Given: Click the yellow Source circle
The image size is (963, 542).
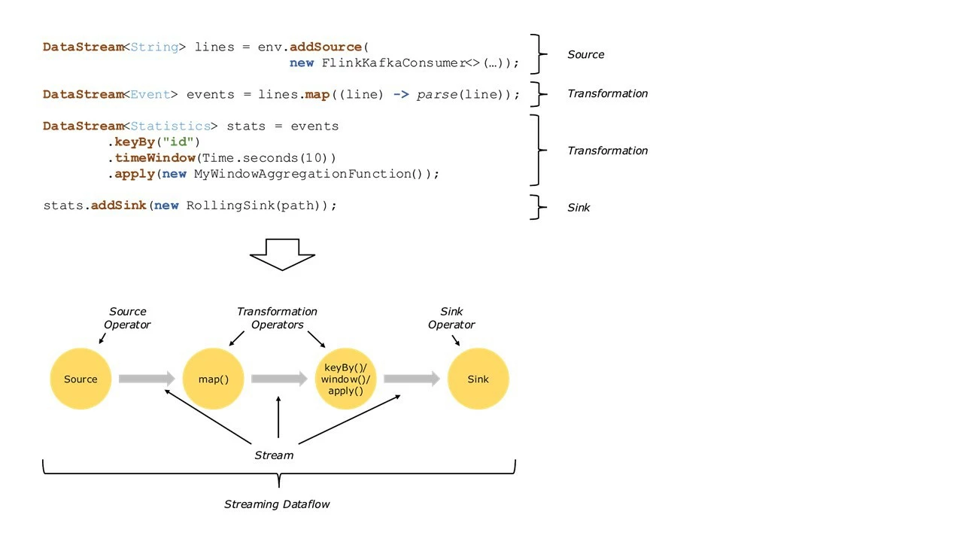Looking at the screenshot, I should tap(81, 379).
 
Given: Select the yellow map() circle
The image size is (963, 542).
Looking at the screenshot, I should tap(214, 379).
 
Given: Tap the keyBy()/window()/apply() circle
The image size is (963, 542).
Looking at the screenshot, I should tap(346, 379).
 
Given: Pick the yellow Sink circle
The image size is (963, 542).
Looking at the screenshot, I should tap(478, 379).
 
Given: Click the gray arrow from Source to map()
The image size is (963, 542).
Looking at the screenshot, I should tap(147, 379).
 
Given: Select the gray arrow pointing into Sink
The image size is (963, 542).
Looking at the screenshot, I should tap(412, 379).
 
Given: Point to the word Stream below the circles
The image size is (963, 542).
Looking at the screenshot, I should tap(274, 455).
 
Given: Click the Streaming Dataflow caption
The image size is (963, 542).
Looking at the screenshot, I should tap(277, 504).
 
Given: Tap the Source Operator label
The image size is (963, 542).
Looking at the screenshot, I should tap(129, 318).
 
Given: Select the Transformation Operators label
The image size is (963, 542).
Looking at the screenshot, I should tap(277, 318).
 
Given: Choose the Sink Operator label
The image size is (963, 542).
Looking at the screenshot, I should tap(451, 318).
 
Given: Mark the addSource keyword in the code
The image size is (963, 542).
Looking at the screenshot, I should tap(326, 47).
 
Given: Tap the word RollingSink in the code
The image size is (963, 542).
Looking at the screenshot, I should tap(229, 206).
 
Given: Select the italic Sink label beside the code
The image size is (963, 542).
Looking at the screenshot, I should tap(579, 208).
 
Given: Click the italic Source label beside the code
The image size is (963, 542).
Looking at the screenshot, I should tap(586, 54).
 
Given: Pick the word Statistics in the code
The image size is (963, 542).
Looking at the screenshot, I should tap(170, 126).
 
